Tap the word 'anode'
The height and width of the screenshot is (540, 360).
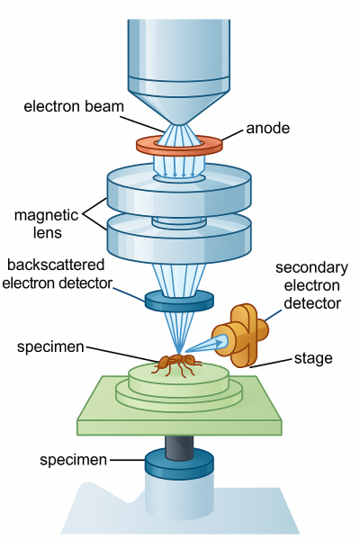[267, 128]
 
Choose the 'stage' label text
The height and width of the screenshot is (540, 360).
[313, 358]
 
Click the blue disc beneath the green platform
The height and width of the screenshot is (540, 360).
[180, 465]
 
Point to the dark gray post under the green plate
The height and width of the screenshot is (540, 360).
[180, 445]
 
